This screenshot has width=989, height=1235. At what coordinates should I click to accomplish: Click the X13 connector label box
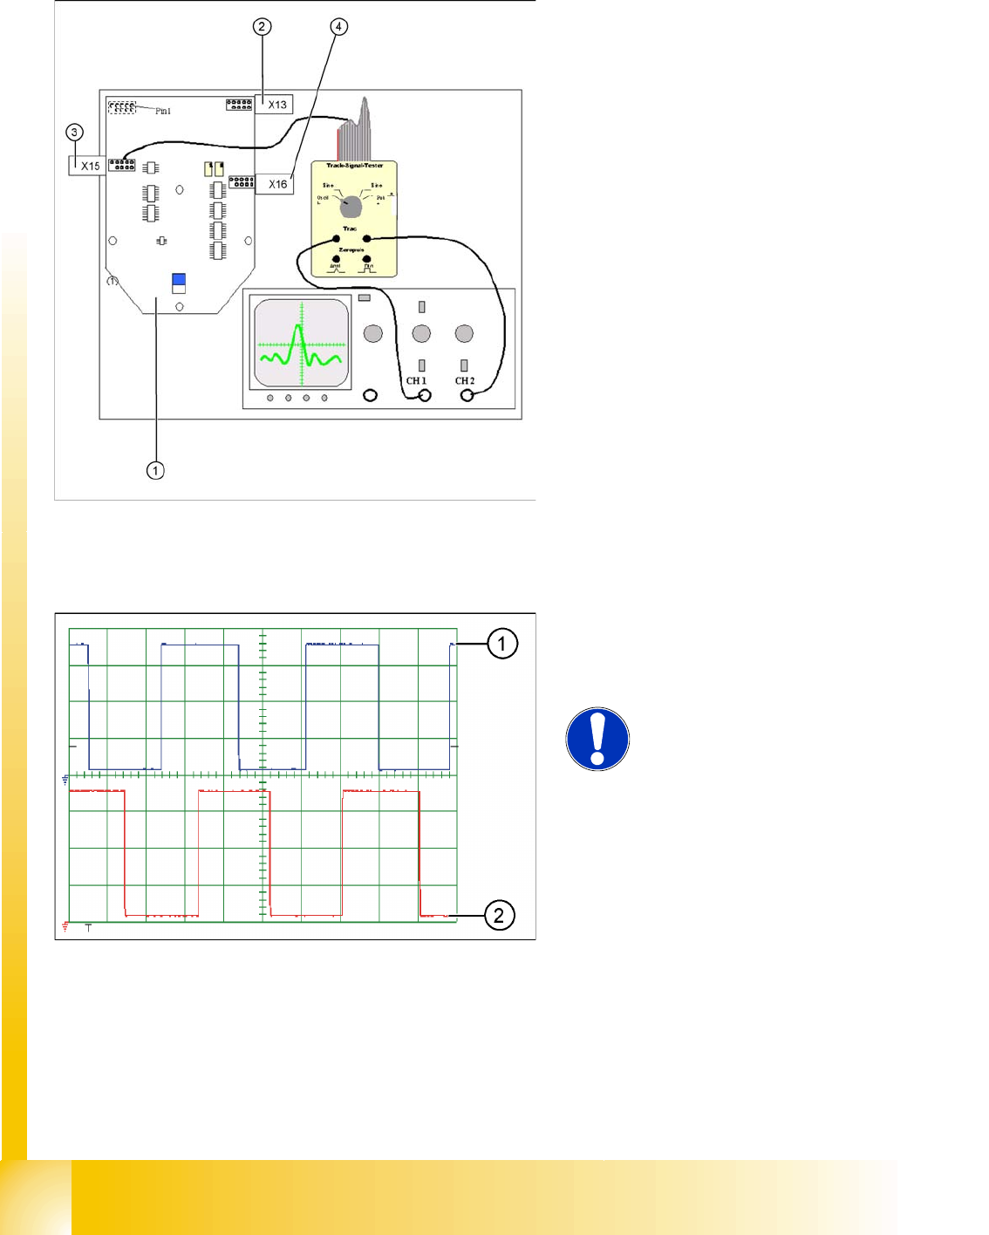click(x=276, y=105)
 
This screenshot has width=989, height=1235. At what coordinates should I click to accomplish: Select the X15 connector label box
click(x=89, y=166)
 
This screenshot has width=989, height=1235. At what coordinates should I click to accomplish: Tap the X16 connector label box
click(x=276, y=184)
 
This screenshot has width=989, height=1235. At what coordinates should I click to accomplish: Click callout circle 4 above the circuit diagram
click(x=338, y=27)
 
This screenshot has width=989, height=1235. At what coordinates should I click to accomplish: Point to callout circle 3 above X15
click(x=75, y=133)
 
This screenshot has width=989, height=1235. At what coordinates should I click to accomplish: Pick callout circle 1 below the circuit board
click(x=155, y=471)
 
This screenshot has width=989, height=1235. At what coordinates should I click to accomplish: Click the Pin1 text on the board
click(x=163, y=112)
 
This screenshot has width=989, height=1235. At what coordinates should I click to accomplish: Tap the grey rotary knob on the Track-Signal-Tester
click(x=351, y=206)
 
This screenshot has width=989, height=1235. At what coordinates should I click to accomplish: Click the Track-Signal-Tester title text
click(x=355, y=166)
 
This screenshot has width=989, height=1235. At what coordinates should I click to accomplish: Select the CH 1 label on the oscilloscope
click(x=416, y=381)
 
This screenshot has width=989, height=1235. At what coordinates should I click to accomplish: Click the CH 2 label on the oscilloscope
click(x=465, y=381)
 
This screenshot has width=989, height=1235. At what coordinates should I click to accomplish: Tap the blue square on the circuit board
click(x=179, y=280)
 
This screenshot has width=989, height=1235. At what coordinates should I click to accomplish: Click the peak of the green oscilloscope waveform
click(x=297, y=327)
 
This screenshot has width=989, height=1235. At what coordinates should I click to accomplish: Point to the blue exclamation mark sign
click(x=597, y=739)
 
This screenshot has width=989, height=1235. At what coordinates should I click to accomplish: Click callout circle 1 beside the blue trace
click(x=501, y=644)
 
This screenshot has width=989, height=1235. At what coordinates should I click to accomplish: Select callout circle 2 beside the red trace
click(x=499, y=915)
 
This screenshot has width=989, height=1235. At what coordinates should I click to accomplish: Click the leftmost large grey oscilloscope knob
click(x=373, y=333)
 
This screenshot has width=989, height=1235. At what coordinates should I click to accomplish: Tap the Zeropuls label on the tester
click(x=351, y=250)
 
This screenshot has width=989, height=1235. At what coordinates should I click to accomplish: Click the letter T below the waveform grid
click(x=88, y=928)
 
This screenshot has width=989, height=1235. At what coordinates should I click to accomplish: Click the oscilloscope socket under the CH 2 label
click(x=467, y=396)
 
